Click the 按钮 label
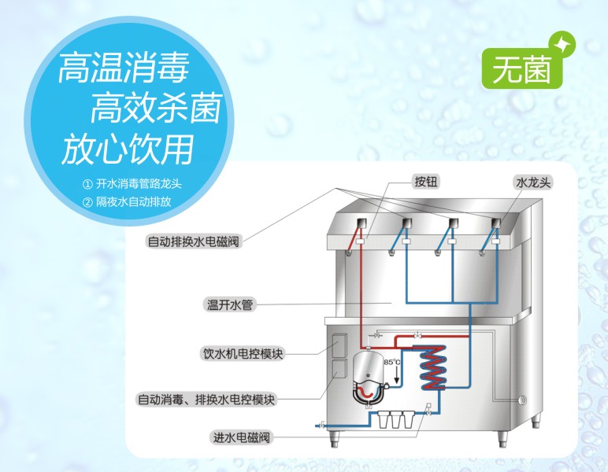click(425, 182)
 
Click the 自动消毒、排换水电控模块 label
click(206, 399)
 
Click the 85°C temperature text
click(391, 361)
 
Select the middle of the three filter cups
click(393, 419)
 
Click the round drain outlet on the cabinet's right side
click(524, 400)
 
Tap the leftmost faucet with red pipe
click(358, 230)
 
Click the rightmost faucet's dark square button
click(497, 221)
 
